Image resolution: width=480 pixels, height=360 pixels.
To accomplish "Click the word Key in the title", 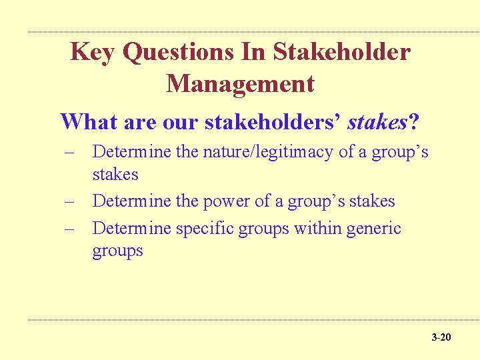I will pos(93,52).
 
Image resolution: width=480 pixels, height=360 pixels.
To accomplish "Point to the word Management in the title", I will pos(240,84).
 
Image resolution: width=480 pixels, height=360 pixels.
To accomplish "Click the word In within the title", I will pos(257,52).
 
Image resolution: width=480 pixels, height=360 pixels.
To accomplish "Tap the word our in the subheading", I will pos(180,122).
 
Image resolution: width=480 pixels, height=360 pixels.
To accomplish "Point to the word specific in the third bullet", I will pos(205,229).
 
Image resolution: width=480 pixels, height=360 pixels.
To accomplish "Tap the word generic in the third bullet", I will pos(375,229).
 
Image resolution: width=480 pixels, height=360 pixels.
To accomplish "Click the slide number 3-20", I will pos(441,337).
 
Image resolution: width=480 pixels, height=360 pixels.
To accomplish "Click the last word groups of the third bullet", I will pos(117,251).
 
